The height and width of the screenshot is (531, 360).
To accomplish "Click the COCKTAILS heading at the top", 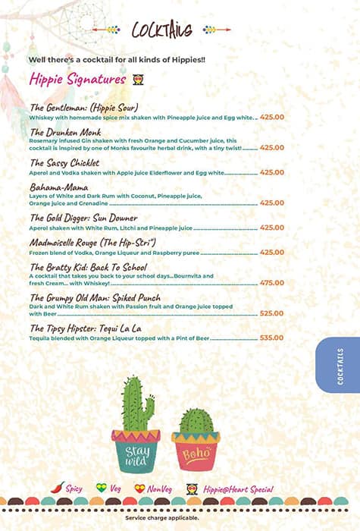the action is point(162,30).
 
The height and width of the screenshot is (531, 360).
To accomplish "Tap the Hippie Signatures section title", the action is point(77,79).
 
